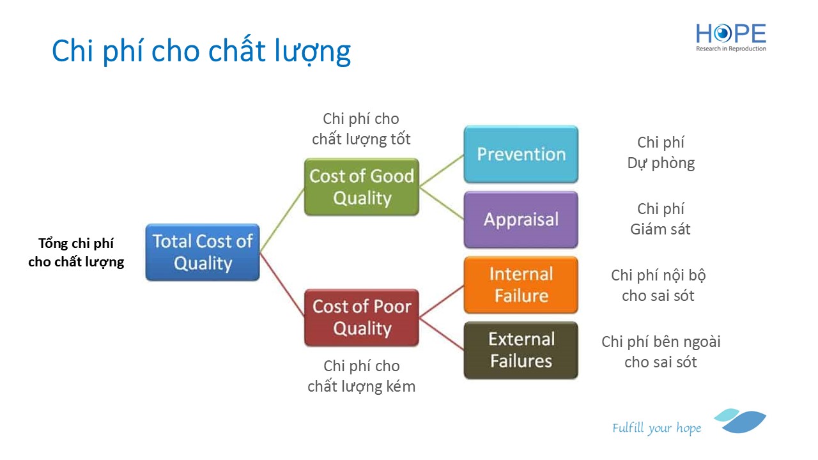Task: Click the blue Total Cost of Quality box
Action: click(203, 252)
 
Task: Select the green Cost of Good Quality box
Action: click(362, 187)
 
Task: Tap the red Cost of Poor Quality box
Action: click(362, 318)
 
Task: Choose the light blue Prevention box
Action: click(521, 154)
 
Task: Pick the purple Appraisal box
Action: click(521, 219)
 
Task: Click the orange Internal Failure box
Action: click(521, 285)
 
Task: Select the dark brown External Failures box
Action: click(521, 350)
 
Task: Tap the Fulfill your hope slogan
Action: click(657, 428)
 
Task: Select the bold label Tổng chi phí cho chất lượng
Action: click(76, 252)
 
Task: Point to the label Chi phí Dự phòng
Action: click(661, 153)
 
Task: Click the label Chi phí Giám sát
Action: click(660, 219)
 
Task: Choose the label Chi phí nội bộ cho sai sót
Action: click(658, 286)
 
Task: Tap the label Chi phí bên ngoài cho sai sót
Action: click(661, 352)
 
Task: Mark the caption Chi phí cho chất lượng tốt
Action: click(361, 129)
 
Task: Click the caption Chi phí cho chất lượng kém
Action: click(362, 376)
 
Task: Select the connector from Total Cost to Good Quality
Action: click(282, 220)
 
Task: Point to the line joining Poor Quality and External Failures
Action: click(442, 334)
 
